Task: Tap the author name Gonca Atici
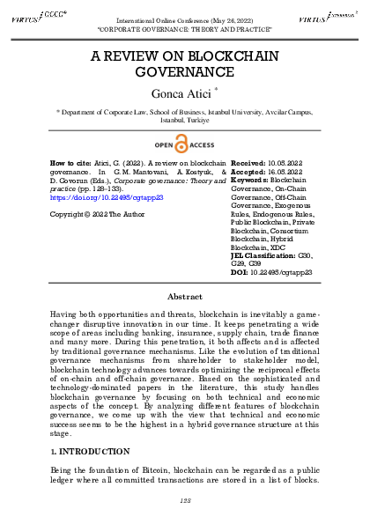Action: [183, 93]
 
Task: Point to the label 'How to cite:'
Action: [70, 163]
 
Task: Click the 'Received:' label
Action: [250, 163]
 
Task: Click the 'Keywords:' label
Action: [252, 181]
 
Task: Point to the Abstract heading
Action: [185, 297]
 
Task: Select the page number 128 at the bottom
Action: [185, 500]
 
